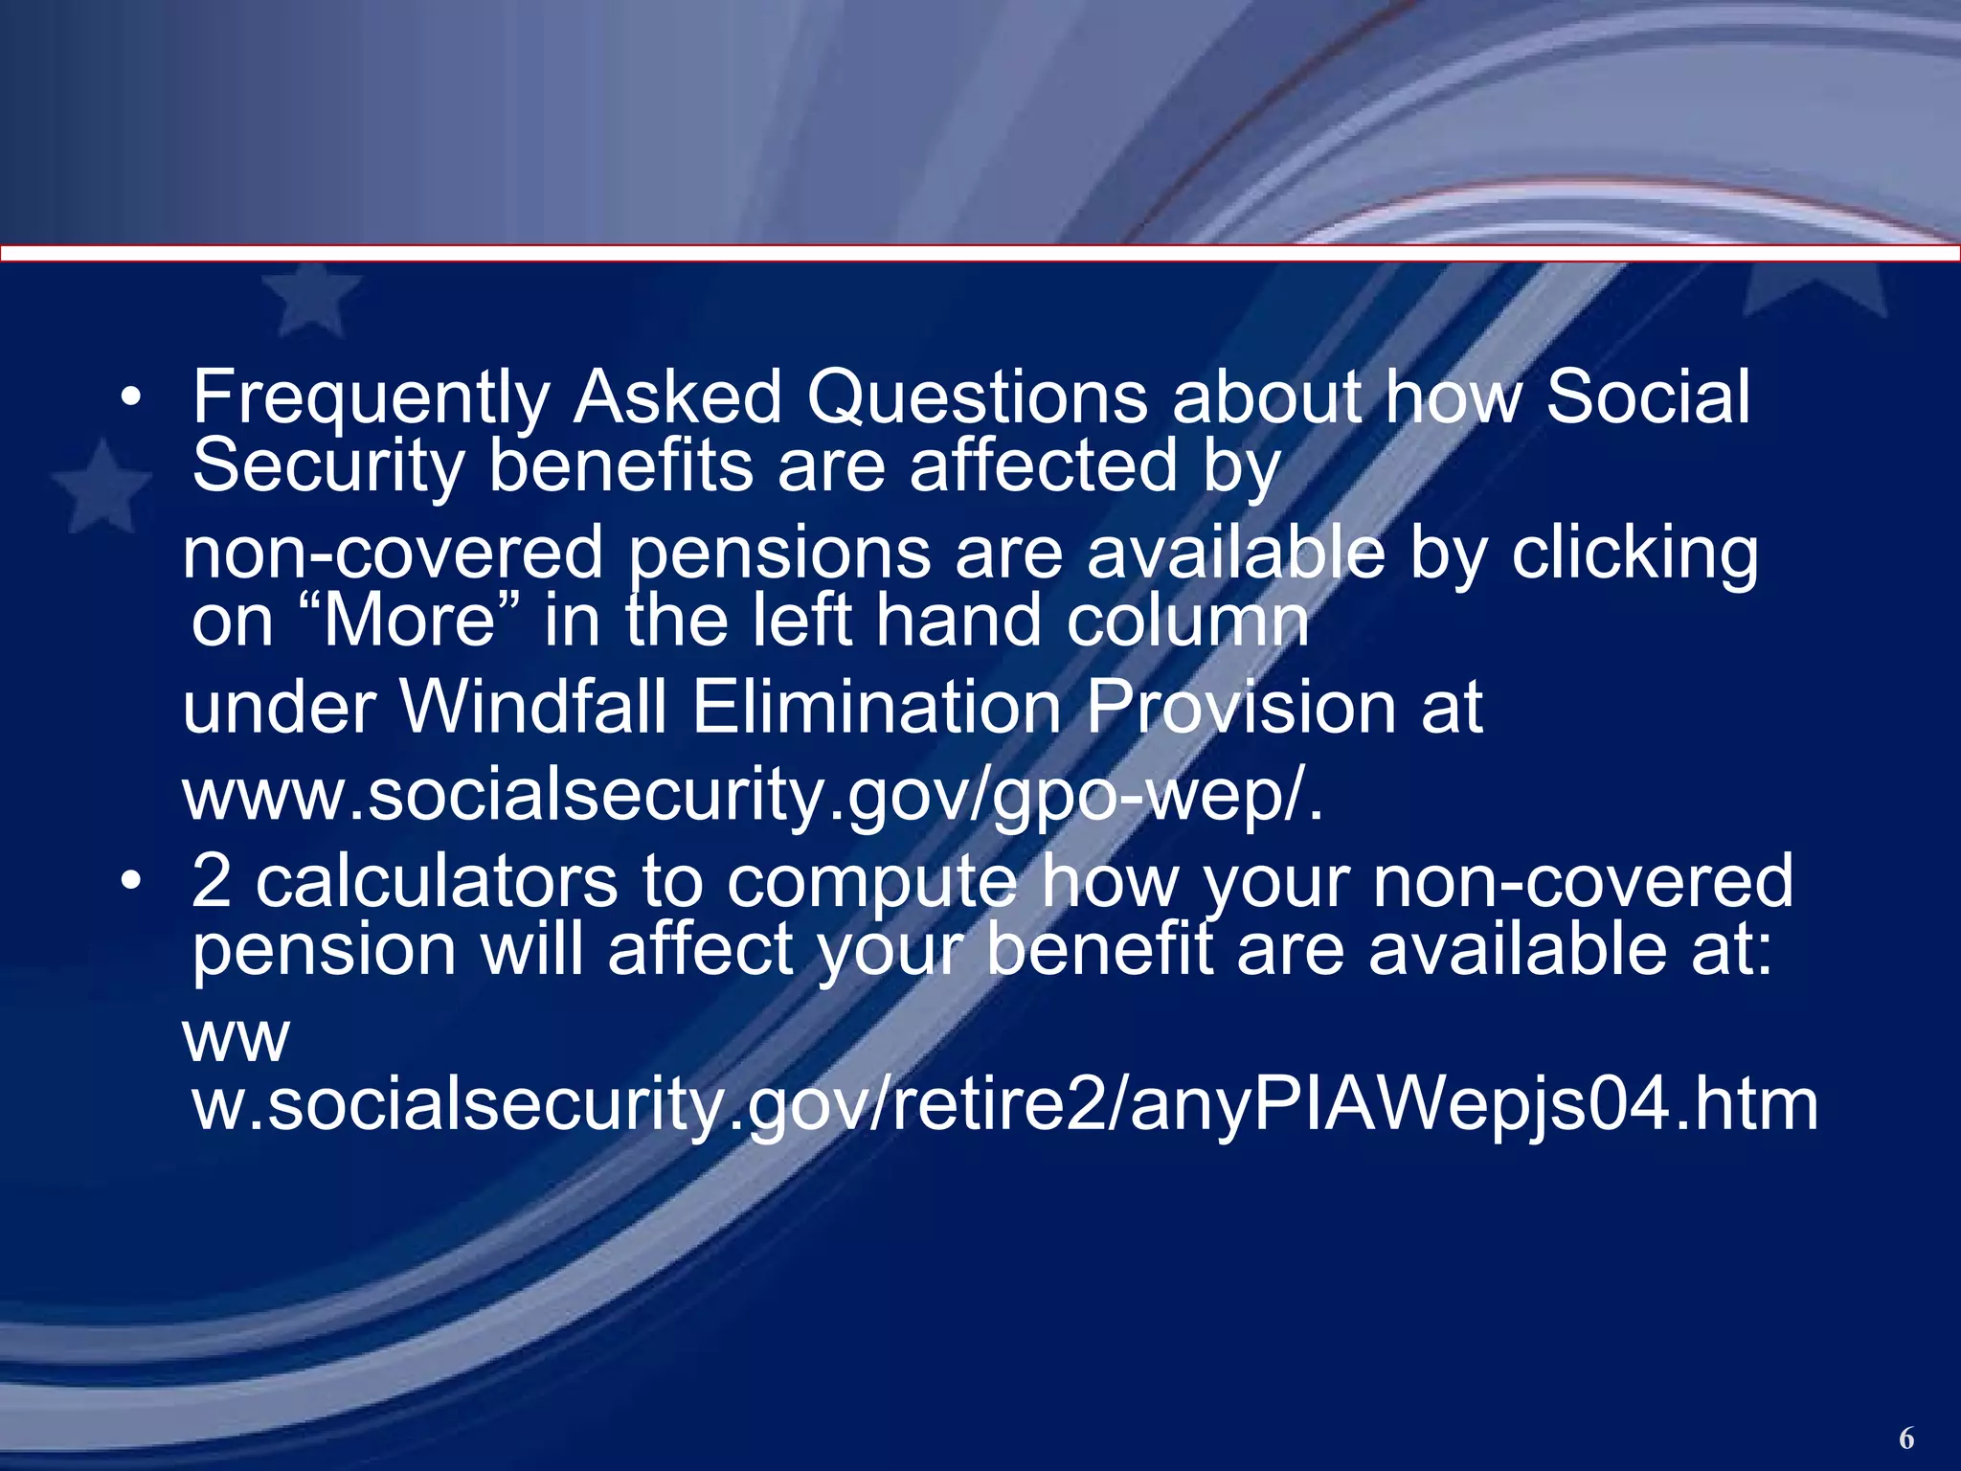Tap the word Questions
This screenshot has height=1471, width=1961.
click(977, 398)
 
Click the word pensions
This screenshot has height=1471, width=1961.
click(779, 554)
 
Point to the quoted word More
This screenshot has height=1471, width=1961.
click(409, 621)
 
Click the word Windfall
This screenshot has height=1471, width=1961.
click(532, 708)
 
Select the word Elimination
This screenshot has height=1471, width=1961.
click(876, 708)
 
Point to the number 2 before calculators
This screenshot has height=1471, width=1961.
click(212, 881)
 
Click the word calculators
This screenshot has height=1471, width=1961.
click(437, 881)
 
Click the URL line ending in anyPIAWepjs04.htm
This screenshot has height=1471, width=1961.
click(1004, 1104)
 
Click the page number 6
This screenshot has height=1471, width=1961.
click(1905, 1438)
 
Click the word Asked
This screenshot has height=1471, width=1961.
click(678, 398)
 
